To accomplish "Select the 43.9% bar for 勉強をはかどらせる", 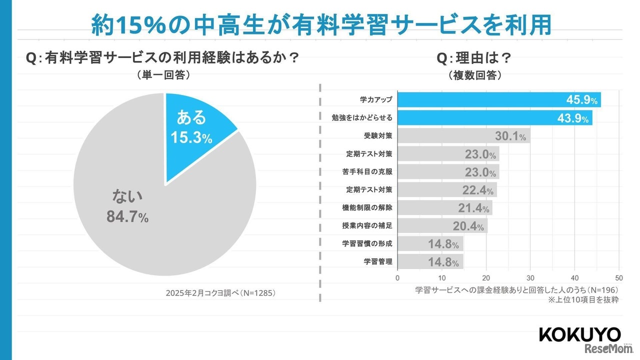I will [x=494, y=117].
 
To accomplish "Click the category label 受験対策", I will [x=378, y=135].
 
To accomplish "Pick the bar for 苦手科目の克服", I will [x=448, y=172].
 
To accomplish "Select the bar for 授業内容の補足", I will [x=442, y=226].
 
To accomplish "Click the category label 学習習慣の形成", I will [x=367, y=244].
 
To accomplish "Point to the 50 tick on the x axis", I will [x=619, y=278].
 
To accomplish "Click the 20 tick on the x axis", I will [x=486, y=278].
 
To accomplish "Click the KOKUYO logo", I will [x=579, y=334].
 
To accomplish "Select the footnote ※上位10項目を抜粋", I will [x=583, y=300].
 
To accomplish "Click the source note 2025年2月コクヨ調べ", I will [x=220, y=293].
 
